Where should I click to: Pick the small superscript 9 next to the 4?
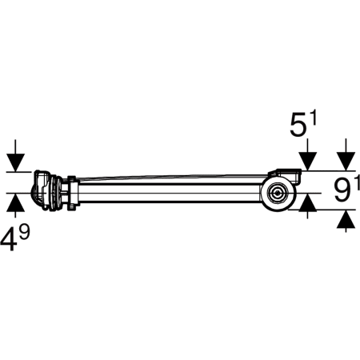click(24, 231)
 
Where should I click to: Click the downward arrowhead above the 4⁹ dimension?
click(15, 162)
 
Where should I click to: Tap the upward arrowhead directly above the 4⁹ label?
click(15, 202)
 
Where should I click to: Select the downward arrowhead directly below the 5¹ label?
click(307, 161)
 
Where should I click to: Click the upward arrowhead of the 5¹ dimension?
click(308, 202)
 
